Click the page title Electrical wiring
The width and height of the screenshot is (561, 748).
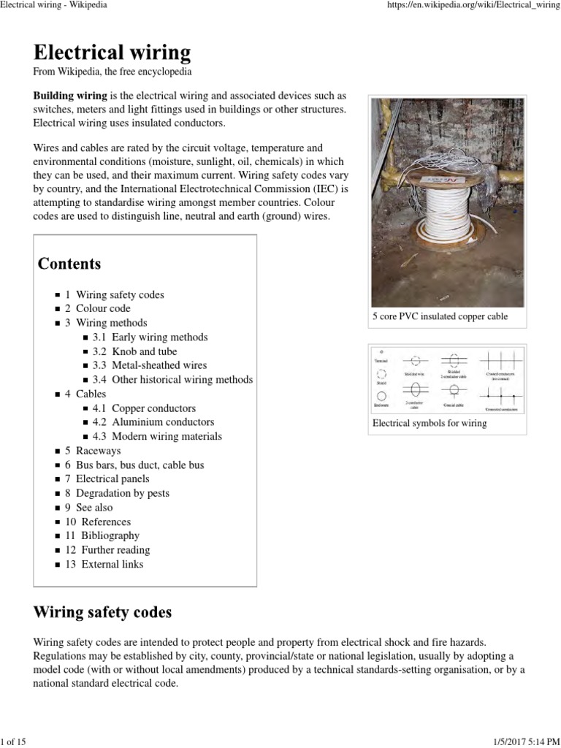click(x=112, y=53)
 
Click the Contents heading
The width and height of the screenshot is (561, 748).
click(x=69, y=263)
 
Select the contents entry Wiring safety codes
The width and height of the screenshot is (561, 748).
click(x=120, y=294)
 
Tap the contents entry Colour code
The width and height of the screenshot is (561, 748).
click(x=103, y=308)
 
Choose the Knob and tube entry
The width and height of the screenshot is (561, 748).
click(x=144, y=351)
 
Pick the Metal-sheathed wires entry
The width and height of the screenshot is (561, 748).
click(x=159, y=365)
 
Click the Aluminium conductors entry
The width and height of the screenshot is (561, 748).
click(x=162, y=422)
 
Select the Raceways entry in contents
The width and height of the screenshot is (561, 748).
click(x=98, y=451)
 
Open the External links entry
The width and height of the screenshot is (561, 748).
click(x=112, y=564)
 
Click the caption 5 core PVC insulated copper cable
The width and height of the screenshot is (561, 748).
click(x=440, y=316)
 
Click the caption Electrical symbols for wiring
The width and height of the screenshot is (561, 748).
click(x=430, y=423)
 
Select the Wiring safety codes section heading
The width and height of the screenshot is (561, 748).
click(x=103, y=611)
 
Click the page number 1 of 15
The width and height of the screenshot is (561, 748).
click(x=13, y=742)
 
